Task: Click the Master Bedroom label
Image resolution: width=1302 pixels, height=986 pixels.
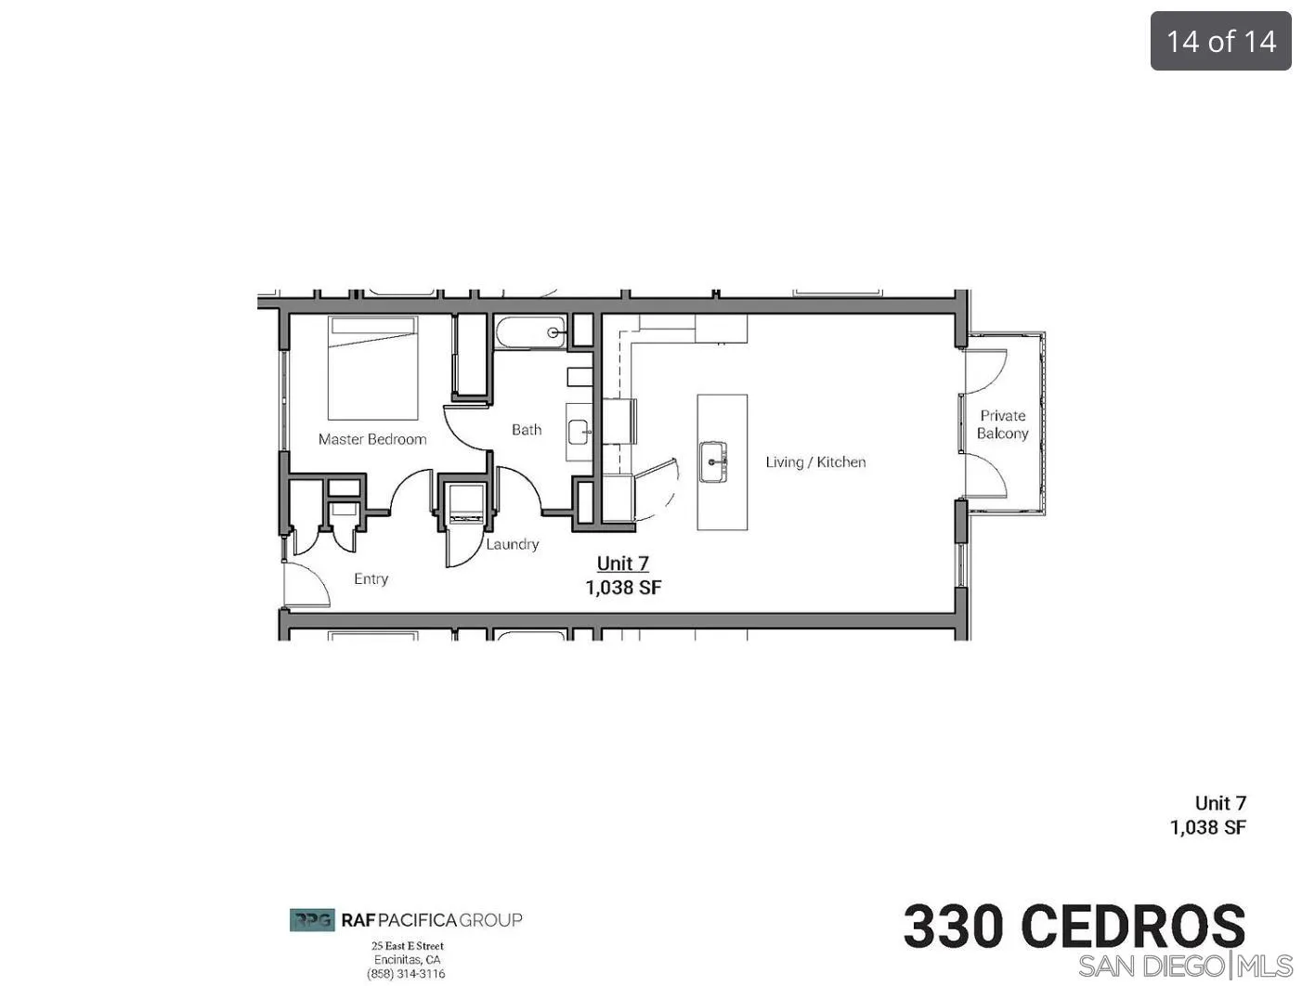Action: [372, 439]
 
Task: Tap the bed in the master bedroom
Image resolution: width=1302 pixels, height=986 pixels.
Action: [373, 368]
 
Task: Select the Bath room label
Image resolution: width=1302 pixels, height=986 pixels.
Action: [527, 430]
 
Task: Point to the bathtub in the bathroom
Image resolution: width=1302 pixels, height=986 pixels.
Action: [530, 332]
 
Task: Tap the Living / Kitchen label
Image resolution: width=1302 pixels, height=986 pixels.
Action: [815, 462]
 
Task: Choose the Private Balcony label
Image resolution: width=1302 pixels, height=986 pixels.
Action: [1003, 424]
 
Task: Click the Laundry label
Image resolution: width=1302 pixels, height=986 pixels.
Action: [513, 544]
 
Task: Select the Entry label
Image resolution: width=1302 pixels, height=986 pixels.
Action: [371, 578]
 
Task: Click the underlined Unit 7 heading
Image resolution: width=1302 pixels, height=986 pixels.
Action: [622, 564]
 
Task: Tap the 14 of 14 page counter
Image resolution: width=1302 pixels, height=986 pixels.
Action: [1220, 41]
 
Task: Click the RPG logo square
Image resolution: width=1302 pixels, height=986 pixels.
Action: [312, 920]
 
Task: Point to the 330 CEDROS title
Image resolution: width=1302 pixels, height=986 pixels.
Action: [1074, 927]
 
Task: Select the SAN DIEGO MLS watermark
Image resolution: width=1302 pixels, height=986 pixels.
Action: [1185, 966]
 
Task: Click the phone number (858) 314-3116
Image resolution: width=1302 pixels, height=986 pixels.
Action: [406, 974]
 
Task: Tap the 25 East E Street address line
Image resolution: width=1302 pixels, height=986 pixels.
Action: [408, 946]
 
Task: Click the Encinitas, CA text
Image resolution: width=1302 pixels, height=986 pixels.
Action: [408, 960]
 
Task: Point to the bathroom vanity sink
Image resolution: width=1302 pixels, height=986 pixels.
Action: [579, 431]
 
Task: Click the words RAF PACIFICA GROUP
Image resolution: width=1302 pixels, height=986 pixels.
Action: [432, 920]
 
